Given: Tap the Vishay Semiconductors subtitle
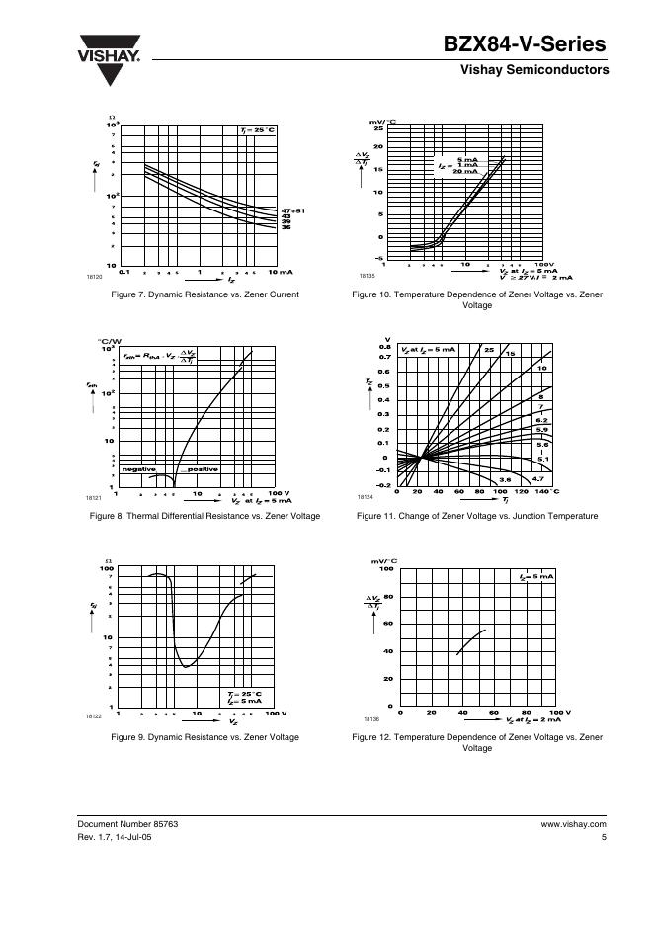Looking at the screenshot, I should [x=534, y=71].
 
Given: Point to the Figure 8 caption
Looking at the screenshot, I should [x=204, y=516].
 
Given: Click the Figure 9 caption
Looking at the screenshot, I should [x=204, y=737].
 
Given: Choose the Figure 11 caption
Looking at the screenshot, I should [x=477, y=516].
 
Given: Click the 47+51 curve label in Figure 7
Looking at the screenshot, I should [x=292, y=210].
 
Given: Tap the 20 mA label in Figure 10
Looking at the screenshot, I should [x=464, y=172].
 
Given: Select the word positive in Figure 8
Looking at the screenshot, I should [x=202, y=469].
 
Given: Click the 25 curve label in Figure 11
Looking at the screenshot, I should [x=489, y=350].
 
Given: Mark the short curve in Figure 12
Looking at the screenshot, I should [x=471, y=641].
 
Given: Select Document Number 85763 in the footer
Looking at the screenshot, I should [x=128, y=823].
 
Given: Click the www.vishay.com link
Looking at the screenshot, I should [x=573, y=823].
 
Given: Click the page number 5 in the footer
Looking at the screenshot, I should [x=603, y=838].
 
